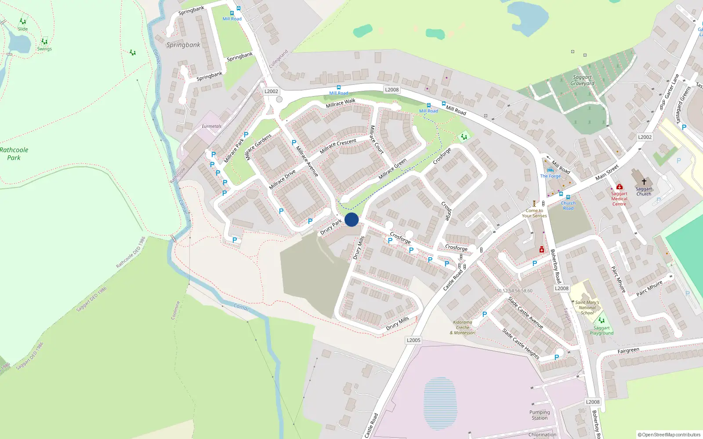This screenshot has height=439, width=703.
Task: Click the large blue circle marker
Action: (x=351, y=219)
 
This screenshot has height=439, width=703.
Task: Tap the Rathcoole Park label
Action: (x=14, y=154)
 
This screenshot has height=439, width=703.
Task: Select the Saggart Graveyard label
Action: (x=582, y=80)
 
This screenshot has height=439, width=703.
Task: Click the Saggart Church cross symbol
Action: (x=644, y=181)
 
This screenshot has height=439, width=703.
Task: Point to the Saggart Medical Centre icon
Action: (x=619, y=187)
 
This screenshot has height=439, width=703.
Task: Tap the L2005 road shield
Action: (x=413, y=340)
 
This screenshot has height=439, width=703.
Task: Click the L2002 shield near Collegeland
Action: (x=271, y=91)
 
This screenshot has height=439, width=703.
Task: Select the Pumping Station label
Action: (x=540, y=415)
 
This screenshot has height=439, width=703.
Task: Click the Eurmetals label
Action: (x=211, y=126)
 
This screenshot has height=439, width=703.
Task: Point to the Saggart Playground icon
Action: (x=602, y=320)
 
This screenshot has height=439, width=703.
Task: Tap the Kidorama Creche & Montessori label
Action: (x=463, y=327)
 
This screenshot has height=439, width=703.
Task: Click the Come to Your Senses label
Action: (x=534, y=213)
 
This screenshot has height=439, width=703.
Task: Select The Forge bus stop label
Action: (x=550, y=176)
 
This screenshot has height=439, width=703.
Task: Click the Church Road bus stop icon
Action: (x=568, y=197)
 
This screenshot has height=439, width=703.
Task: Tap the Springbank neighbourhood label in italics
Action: (x=183, y=45)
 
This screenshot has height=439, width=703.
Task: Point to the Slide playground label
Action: (x=23, y=29)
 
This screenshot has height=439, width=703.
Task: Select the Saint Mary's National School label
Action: (x=587, y=307)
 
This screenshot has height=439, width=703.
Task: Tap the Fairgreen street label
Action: (x=628, y=350)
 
